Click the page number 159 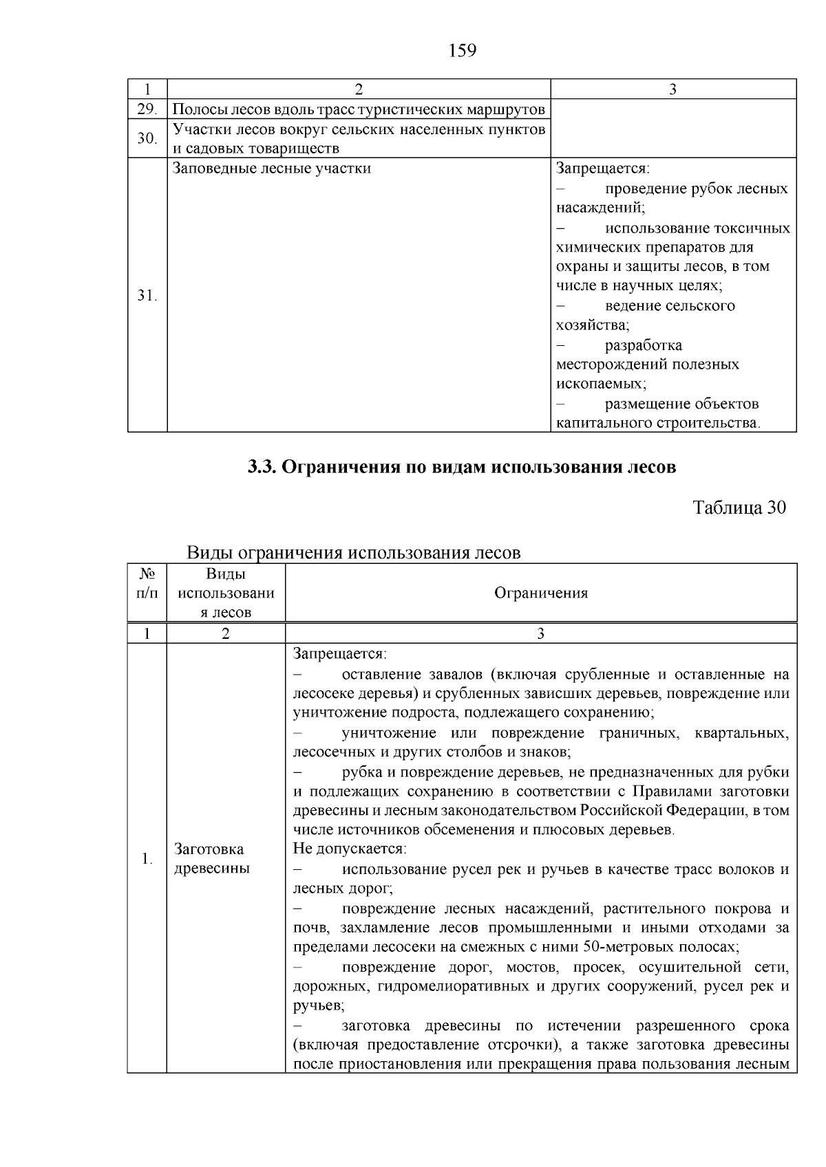[x=462, y=50]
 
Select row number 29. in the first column [x=147, y=109]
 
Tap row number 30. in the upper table [x=147, y=138]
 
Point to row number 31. [x=147, y=296]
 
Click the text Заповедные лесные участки [x=271, y=168]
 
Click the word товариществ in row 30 [x=295, y=149]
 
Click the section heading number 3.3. [x=262, y=468]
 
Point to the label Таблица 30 [x=739, y=508]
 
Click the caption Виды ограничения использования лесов [x=354, y=553]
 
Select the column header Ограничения [x=541, y=593]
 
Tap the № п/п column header [x=147, y=582]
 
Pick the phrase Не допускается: [x=350, y=849]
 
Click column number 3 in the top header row [x=673, y=89]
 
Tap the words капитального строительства [x=657, y=423]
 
